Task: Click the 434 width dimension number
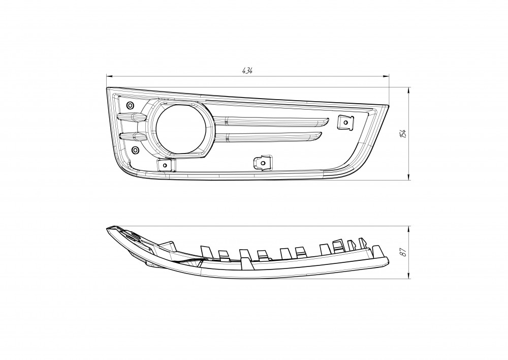click(247, 71)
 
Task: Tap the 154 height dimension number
click(403, 134)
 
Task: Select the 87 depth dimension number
click(403, 252)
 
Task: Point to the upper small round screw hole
click(130, 105)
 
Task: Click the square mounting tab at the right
click(345, 122)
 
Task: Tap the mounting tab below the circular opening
click(165, 165)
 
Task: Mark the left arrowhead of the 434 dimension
click(110, 77)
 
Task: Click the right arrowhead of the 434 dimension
click(386, 77)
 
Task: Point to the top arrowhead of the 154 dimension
click(409, 90)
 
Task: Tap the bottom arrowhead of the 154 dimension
click(409, 177)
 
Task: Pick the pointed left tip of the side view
click(107, 229)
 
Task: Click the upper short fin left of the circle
click(129, 117)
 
